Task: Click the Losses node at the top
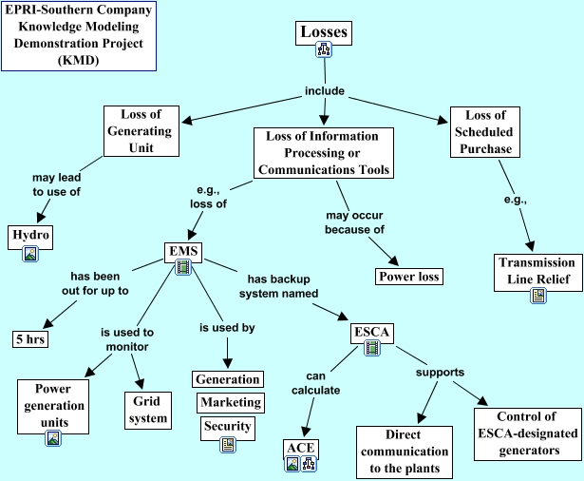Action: click(x=325, y=32)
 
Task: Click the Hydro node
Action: click(x=30, y=234)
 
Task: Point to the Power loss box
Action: click(x=409, y=277)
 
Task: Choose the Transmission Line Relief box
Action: click(x=537, y=270)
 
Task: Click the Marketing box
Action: click(x=230, y=402)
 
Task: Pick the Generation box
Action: click(x=227, y=379)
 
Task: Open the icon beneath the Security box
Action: click(x=228, y=444)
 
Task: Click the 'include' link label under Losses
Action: click(x=324, y=92)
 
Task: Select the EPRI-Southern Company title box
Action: click(x=78, y=36)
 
